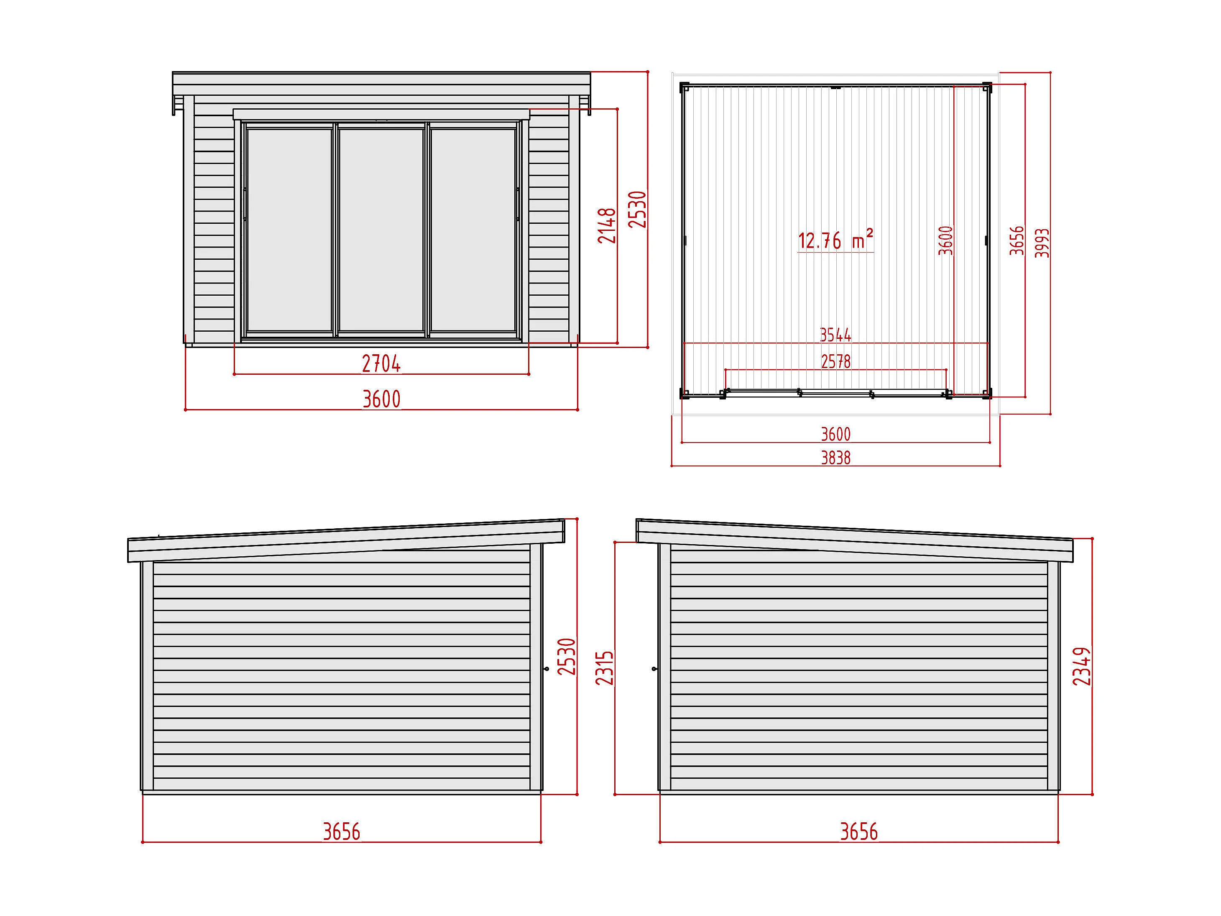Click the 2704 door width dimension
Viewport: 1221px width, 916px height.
tap(381, 364)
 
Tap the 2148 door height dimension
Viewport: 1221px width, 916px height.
tap(607, 225)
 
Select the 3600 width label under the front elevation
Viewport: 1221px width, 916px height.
tap(381, 399)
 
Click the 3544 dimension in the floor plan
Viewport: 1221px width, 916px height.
tap(835, 335)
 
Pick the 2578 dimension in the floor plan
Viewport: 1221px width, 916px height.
tap(835, 362)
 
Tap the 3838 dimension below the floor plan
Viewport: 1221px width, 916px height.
tap(835, 458)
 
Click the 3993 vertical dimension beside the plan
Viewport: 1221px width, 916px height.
tap(1042, 243)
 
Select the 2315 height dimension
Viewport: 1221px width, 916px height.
tap(605, 668)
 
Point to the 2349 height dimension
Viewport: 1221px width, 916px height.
tap(1082, 666)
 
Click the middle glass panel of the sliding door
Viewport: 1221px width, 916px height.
tap(381, 230)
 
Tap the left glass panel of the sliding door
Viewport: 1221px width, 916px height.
tap(289, 230)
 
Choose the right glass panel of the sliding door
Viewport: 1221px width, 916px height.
tap(473, 230)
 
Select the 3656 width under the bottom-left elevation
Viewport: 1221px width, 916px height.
tap(341, 832)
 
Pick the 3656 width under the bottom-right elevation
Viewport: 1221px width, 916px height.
tap(858, 832)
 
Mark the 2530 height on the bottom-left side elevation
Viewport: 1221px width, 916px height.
tap(567, 657)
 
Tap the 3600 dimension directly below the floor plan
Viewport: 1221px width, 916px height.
tap(835, 435)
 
